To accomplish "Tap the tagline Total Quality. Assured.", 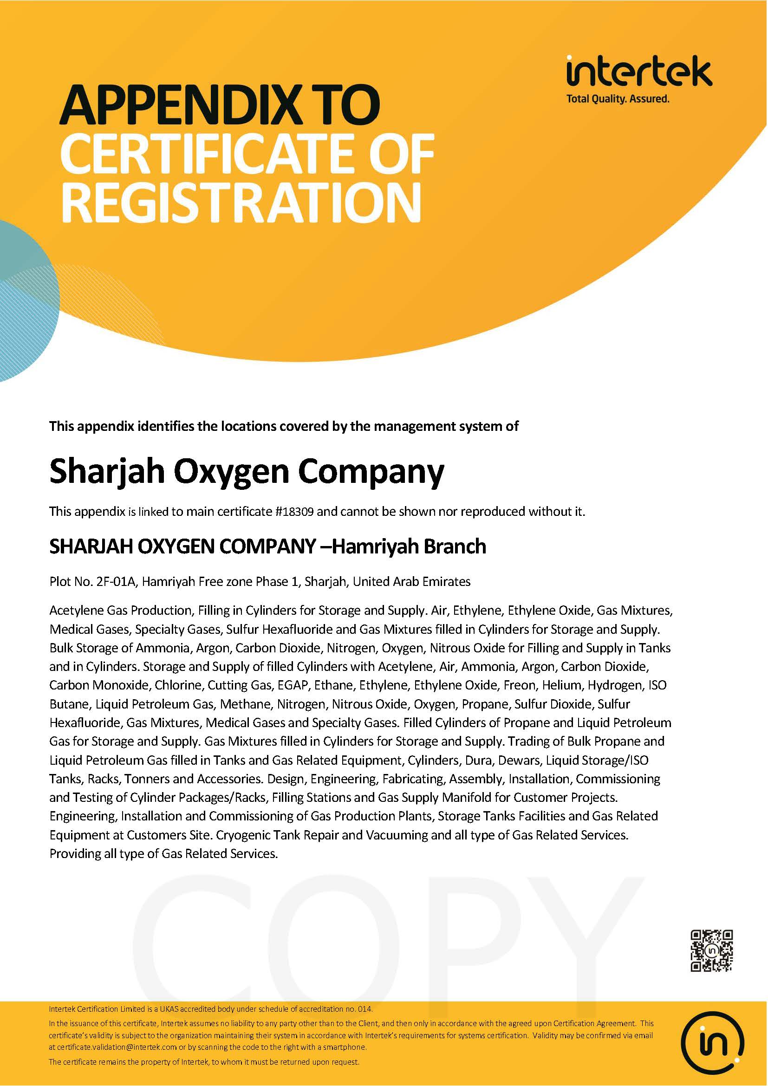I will tap(618, 99).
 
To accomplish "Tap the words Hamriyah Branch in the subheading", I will tap(409, 546).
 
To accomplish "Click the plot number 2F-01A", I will tap(117, 581).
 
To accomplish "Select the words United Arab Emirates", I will tap(411, 581).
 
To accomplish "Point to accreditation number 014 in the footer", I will tap(364, 1009).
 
